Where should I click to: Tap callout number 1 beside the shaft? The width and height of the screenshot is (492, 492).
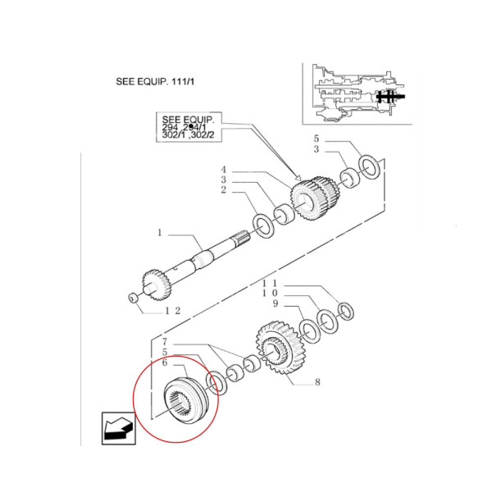point(161,234)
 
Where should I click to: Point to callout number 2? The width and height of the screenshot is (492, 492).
point(222,190)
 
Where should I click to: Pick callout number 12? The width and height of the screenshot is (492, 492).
point(172,310)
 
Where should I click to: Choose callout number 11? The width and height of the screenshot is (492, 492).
point(265,282)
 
